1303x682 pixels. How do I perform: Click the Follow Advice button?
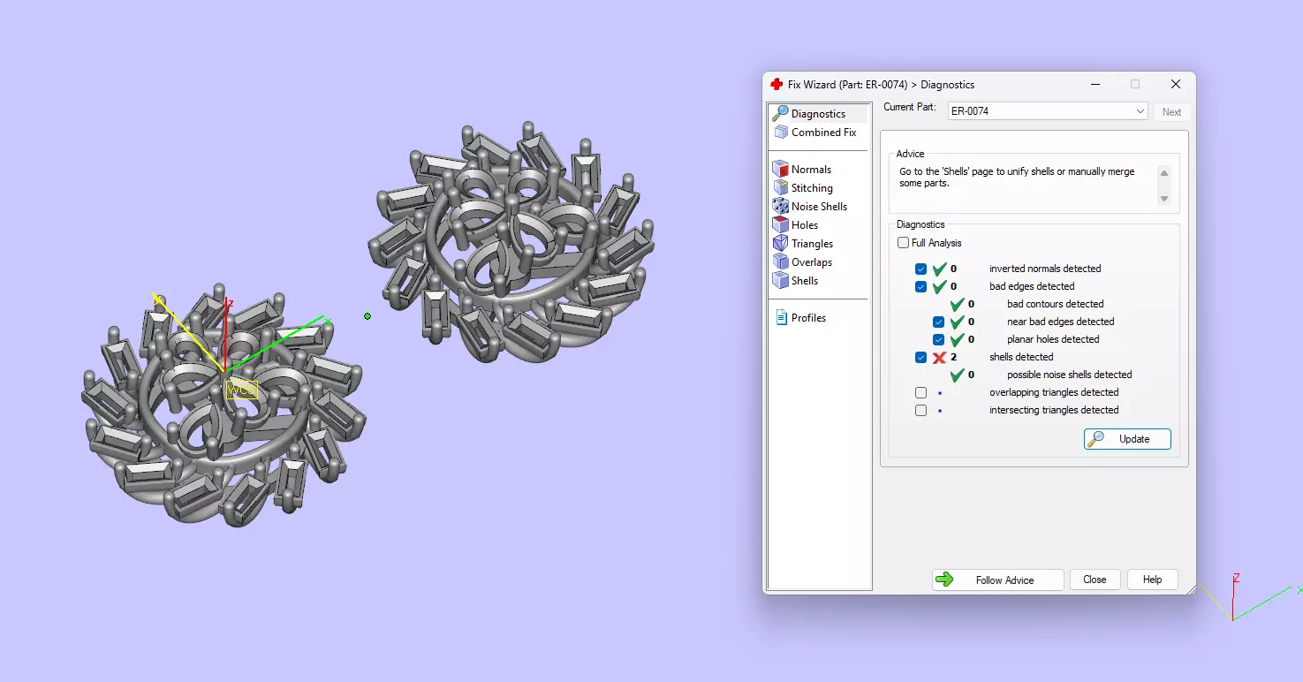tap(997, 580)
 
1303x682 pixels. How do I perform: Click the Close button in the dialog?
tap(1095, 580)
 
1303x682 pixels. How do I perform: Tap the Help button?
tap(1152, 580)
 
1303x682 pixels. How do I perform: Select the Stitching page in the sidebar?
tap(811, 188)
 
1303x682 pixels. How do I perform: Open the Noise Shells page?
tap(818, 207)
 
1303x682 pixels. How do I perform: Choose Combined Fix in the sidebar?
tap(823, 133)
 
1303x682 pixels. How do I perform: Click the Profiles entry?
tap(807, 318)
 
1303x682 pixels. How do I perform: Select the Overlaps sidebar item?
tap(811, 262)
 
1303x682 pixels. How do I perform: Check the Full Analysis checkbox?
tap(903, 243)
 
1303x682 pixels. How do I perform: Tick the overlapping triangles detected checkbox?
tap(921, 392)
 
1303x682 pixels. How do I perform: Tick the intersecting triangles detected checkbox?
tap(921, 410)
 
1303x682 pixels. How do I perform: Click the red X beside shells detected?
tap(939, 357)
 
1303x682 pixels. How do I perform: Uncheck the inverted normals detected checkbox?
tap(921, 269)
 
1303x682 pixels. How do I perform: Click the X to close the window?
tap(1176, 85)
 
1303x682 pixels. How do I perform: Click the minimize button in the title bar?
tap(1095, 85)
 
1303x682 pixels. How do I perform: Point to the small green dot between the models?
tap(367, 316)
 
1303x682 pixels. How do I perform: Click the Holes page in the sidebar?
tap(804, 225)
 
